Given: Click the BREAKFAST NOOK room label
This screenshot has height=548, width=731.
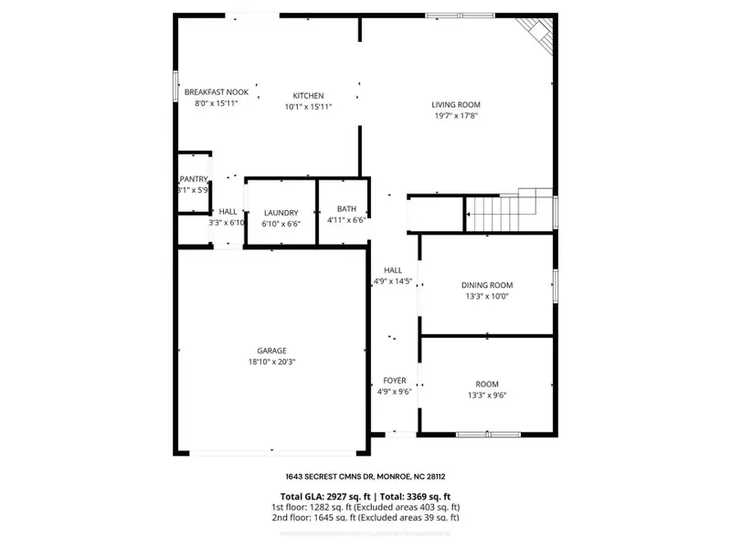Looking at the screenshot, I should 217,92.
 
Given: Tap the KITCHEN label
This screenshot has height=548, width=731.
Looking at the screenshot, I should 308,96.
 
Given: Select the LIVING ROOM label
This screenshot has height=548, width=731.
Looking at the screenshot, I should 456,104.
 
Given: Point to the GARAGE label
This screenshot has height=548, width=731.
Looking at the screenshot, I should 271,350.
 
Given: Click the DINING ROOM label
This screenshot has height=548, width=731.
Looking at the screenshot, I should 487,285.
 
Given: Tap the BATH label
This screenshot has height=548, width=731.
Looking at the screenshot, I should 346,208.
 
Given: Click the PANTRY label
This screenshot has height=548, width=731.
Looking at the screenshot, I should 194,179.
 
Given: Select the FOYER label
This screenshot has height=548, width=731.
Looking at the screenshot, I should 395,380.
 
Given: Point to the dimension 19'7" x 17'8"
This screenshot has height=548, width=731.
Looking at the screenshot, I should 456,116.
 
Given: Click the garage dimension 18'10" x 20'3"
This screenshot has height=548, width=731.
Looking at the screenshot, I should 271,362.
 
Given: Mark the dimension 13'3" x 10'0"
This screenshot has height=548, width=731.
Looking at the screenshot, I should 487,296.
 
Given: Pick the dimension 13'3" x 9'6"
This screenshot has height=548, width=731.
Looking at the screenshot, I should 487,395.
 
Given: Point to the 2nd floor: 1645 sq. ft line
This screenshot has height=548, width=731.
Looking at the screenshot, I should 365,517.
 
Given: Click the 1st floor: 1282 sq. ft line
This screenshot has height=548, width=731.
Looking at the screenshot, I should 365,506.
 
